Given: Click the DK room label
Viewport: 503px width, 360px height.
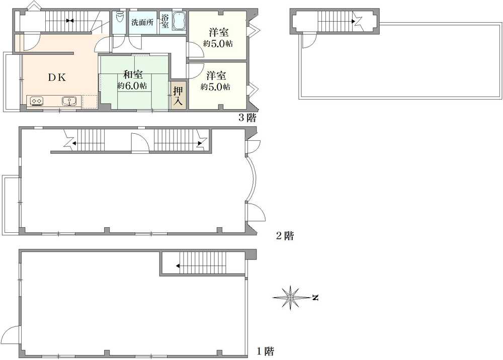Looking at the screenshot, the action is click(x=57, y=77).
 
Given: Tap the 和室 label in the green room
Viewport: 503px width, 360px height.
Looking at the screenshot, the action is click(x=133, y=75).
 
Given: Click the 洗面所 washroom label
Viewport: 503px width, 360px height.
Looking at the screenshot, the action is click(x=142, y=23).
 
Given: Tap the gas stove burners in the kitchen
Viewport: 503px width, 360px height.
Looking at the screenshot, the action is click(x=36, y=101).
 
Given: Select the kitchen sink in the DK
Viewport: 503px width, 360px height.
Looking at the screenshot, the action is click(x=69, y=101).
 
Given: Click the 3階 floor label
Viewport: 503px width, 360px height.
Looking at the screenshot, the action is click(x=247, y=118).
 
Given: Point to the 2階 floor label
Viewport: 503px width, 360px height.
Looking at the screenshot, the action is click(x=285, y=236).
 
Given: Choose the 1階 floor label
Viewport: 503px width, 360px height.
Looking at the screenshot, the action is click(x=265, y=351).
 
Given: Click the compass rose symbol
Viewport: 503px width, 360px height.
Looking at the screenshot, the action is click(x=290, y=298).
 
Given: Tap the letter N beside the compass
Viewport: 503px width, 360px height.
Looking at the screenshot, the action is click(x=315, y=298).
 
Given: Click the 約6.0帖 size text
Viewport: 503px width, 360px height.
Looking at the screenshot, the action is click(x=132, y=86).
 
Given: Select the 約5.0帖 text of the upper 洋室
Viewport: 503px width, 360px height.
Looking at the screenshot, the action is click(x=218, y=44).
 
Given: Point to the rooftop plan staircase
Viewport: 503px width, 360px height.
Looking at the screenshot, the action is click(x=335, y=22).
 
